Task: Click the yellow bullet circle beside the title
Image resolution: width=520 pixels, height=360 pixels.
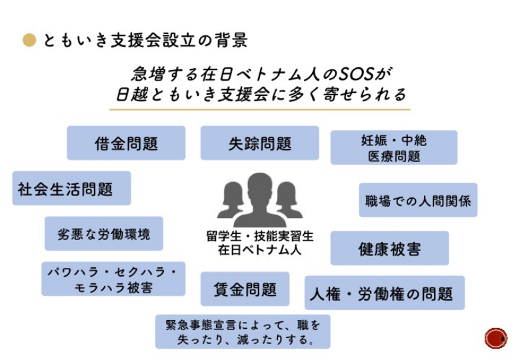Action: point(29,41)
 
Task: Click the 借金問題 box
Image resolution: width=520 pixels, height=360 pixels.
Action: point(126,143)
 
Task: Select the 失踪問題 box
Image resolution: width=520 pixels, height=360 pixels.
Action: point(259,143)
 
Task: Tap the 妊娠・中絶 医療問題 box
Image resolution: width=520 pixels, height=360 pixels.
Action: point(394,148)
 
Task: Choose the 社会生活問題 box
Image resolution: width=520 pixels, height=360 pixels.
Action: point(71,189)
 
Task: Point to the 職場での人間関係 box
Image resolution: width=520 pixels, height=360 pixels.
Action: point(418,200)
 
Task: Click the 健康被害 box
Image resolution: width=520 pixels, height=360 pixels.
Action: point(389,249)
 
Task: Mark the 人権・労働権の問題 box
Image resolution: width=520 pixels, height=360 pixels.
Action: point(385,293)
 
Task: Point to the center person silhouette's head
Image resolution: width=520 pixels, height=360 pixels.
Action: point(259,187)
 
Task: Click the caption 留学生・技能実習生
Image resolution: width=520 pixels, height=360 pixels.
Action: point(259,237)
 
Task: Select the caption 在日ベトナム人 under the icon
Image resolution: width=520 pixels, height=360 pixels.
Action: point(259,251)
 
